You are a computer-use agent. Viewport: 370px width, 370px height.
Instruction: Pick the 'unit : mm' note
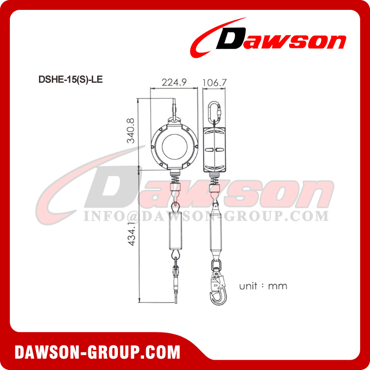[263, 286]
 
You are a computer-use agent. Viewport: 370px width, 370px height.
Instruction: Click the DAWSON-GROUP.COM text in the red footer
[97, 352]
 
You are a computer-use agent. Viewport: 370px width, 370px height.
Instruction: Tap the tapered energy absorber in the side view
[216, 232]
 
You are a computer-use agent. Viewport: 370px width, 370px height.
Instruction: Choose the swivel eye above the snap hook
[216, 266]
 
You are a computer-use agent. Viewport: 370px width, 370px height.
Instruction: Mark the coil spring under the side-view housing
[215, 180]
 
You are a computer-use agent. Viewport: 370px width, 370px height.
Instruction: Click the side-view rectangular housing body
[215, 148]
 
